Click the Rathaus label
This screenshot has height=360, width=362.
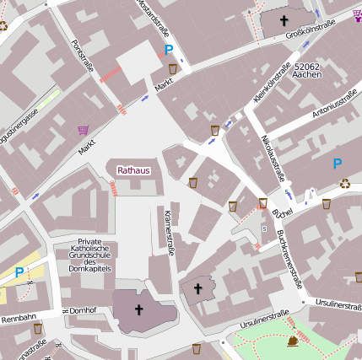(133, 170)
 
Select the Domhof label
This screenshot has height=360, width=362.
(83, 311)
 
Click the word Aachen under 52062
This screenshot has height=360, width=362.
(309, 75)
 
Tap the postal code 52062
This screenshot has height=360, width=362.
(309, 65)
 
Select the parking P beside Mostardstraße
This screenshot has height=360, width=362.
(170, 51)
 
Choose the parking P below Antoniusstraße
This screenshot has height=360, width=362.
(338, 164)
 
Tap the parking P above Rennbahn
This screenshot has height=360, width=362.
(19, 272)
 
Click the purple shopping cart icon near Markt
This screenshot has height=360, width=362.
(83, 130)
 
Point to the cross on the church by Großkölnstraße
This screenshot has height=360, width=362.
(284, 20)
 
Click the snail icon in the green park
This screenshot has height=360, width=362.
(293, 341)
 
